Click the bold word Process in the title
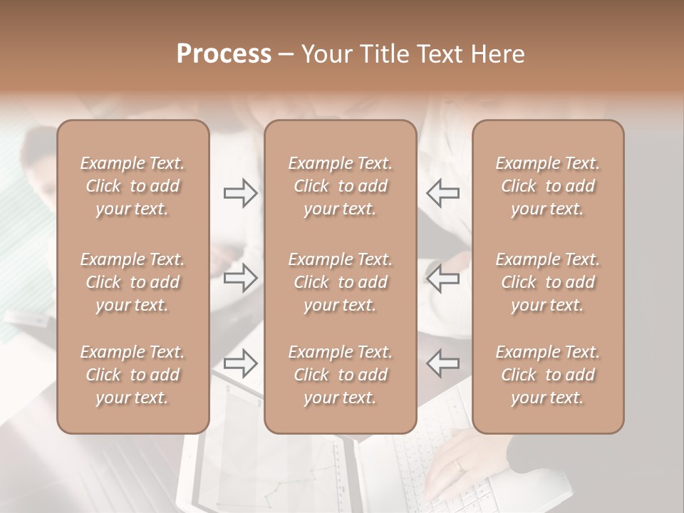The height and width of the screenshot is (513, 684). [224, 54]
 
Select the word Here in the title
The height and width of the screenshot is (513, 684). [497, 54]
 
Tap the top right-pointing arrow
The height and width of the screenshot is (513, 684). [240, 193]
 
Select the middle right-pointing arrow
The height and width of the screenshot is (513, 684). [240, 278]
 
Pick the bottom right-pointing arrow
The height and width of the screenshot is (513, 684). [240, 363]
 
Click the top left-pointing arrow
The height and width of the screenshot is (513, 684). [442, 193]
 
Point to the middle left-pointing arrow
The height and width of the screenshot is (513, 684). [442, 278]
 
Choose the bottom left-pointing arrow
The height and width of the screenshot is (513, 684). [442, 363]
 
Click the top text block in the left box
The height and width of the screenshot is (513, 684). [133, 186]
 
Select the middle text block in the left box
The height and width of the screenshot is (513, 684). [133, 282]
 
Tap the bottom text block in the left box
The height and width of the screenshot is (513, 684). [133, 375]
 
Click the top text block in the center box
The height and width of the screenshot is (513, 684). [340, 186]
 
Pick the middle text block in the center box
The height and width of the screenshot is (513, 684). [340, 282]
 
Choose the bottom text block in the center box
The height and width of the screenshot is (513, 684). [340, 375]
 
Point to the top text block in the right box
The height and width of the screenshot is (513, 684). [547, 186]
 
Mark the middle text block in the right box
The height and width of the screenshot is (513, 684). [547, 282]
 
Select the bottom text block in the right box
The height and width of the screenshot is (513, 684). [547, 375]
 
